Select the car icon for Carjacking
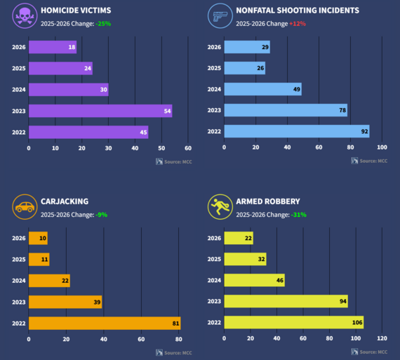pyautogui.click(x=25, y=208)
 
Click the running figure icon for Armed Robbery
pyautogui.click(x=220, y=208)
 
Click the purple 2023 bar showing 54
pyautogui.click(x=100, y=111)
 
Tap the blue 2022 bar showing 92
pyautogui.click(x=296, y=132)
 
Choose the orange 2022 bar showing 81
pyautogui.click(x=105, y=323)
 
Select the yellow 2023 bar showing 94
pyautogui.click(x=286, y=302)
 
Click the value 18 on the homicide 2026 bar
pyautogui.click(x=72, y=48)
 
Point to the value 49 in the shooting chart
pyautogui.click(x=295, y=90)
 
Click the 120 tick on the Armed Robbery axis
pyautogui.click(x=382, y=339)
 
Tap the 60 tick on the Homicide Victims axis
pyautogui.click(x=188, y=148)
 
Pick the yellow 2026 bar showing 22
pyautogui.click(x=239, y=239)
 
